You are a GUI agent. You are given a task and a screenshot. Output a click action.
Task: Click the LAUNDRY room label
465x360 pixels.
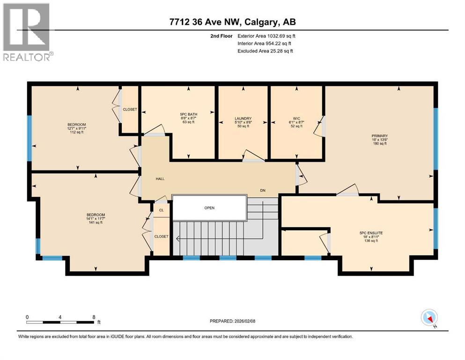coord(243,118)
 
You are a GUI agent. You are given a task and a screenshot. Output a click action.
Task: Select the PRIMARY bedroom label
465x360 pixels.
coord(380,136)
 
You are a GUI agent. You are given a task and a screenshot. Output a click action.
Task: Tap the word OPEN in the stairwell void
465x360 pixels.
coord(209,208)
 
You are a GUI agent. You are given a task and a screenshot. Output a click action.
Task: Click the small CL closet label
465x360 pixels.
coord(161,210)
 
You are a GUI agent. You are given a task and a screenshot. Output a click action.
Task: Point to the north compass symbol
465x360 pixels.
coord(429,318)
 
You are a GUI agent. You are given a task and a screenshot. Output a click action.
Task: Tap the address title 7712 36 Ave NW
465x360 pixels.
coord(232,22)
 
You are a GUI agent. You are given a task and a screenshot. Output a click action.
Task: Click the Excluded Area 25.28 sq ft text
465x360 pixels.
coord(266,51)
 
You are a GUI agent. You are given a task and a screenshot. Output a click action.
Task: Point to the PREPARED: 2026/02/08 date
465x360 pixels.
coord(234,321)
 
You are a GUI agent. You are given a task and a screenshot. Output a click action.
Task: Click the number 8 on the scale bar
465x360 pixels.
coord(94,317)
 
